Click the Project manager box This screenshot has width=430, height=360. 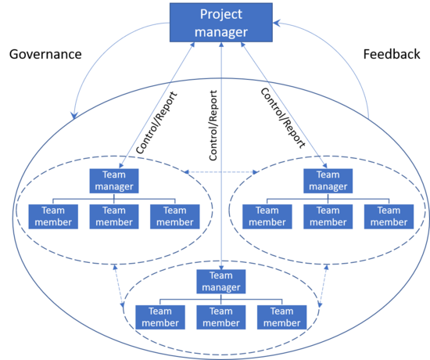221,23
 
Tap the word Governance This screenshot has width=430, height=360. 45,54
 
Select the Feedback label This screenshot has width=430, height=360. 392,54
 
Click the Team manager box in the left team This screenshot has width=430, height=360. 114,181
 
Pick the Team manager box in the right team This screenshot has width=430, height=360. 328,181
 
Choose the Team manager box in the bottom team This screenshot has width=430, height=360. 221,282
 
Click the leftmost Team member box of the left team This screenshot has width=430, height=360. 53,217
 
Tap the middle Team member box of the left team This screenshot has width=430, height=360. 114,217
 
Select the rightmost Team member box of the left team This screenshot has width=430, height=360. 175,217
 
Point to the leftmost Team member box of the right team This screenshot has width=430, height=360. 267,217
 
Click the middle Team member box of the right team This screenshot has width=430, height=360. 328,217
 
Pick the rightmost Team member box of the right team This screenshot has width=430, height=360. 389,217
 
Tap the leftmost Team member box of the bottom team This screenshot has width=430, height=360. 160,317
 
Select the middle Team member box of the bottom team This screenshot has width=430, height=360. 221,317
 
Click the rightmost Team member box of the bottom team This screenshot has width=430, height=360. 282,317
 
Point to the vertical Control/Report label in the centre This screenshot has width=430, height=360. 213,125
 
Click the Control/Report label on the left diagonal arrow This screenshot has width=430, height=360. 156,122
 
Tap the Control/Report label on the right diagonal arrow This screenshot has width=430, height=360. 283,118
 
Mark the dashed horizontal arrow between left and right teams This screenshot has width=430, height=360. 221,172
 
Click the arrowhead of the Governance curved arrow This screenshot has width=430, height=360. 73,116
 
